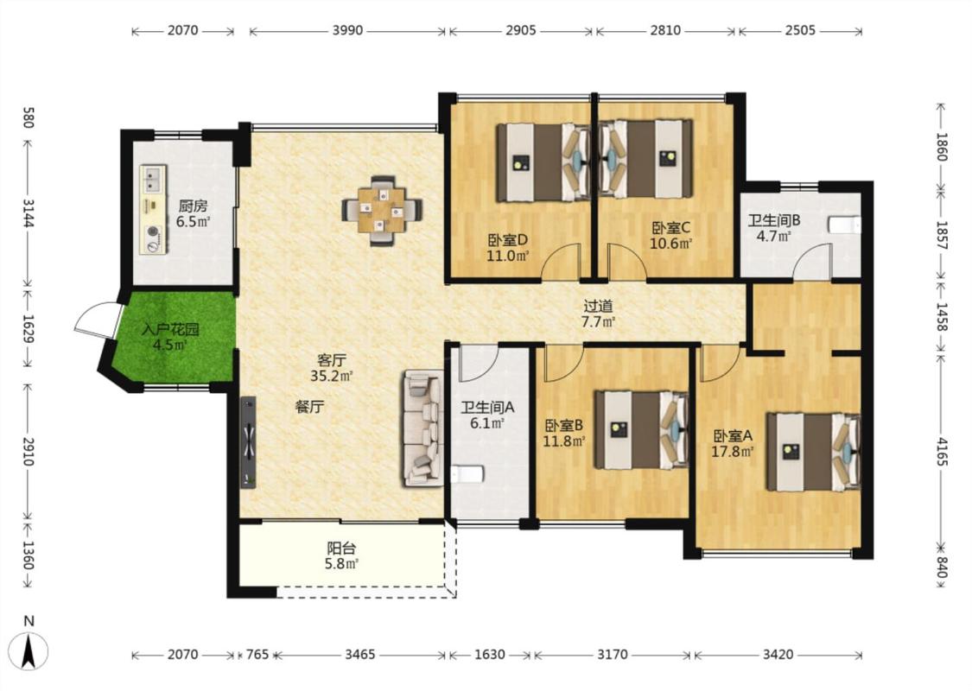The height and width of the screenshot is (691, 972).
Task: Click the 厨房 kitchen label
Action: tap(193, 206)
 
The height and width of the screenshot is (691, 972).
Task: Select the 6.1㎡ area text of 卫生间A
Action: tap(487, 423)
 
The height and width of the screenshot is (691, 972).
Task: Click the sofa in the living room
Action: tap(424, 428)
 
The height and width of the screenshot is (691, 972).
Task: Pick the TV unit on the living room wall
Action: tap(249, 442)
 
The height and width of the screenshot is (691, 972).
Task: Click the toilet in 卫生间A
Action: tap(467, 475)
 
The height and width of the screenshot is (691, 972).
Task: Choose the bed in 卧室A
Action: tap(814, 452)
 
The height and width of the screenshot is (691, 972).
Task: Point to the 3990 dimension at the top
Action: tap(348, 30)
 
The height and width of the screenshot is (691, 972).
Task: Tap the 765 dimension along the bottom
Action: tap(257, 655)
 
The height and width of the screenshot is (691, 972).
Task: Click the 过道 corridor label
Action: tap(598, 306)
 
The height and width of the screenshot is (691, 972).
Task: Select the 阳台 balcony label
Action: tap(341, 548)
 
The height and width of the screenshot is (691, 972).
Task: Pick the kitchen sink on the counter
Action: tap(152, 179)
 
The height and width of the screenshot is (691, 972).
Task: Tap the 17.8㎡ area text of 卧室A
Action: tap(732, 452)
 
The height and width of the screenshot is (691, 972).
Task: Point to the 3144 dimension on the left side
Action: tap(28, 212)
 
